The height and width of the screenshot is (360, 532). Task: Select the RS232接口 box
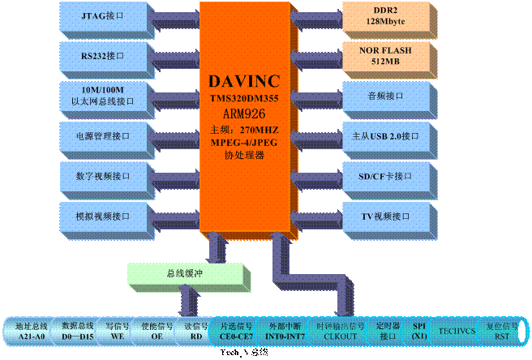tap(103, 55)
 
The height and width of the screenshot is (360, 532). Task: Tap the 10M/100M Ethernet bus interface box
tap(103, 95)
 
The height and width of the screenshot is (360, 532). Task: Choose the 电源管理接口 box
tap(103, 135)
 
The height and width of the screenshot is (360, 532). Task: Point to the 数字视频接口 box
tap(103, 175)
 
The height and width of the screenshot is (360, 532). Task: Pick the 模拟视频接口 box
tap(103, 216)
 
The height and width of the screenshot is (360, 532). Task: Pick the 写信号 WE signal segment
tap(118, 330)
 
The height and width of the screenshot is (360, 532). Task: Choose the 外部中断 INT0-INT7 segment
tap(285, 330)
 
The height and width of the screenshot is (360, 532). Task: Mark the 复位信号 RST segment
tap(502, 330)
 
